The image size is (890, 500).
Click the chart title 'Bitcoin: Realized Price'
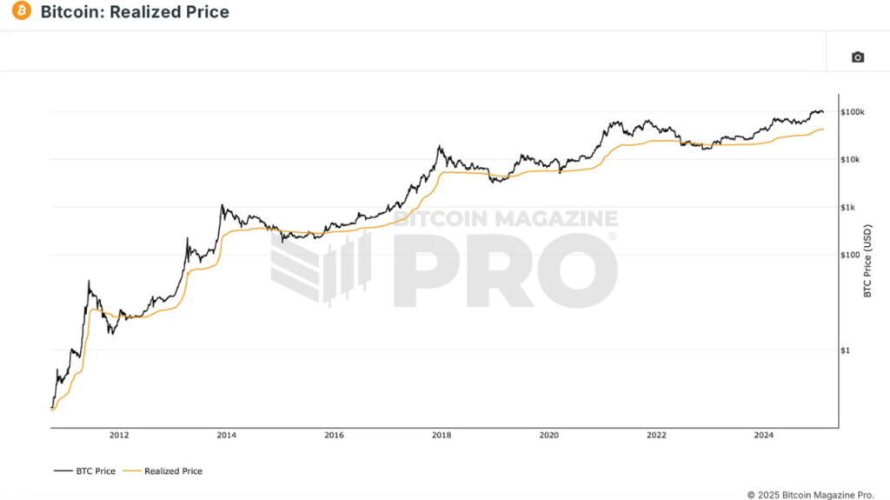(x=135, y=12)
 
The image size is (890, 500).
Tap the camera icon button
(x=857, y=57)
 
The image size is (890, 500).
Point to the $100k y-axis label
(x=853, y=112)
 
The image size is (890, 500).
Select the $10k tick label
(x=851, y=160)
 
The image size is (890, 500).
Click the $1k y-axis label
(x=849, y=207)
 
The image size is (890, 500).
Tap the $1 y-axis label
(x=846, y=350)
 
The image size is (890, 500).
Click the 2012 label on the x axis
(x=119, y=436)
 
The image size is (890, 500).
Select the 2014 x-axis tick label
(x=226, y=436)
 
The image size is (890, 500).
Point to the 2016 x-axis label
(x=334, y=436)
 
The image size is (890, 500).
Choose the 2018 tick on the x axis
(x=442, y=436)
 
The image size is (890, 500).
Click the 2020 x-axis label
(x=548, y=436)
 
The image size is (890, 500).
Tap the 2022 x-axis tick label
(x=656, y=436)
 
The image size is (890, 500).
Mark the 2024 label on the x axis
(x=764, y=436)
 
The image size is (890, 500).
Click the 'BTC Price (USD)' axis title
(x=867, y=262)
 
